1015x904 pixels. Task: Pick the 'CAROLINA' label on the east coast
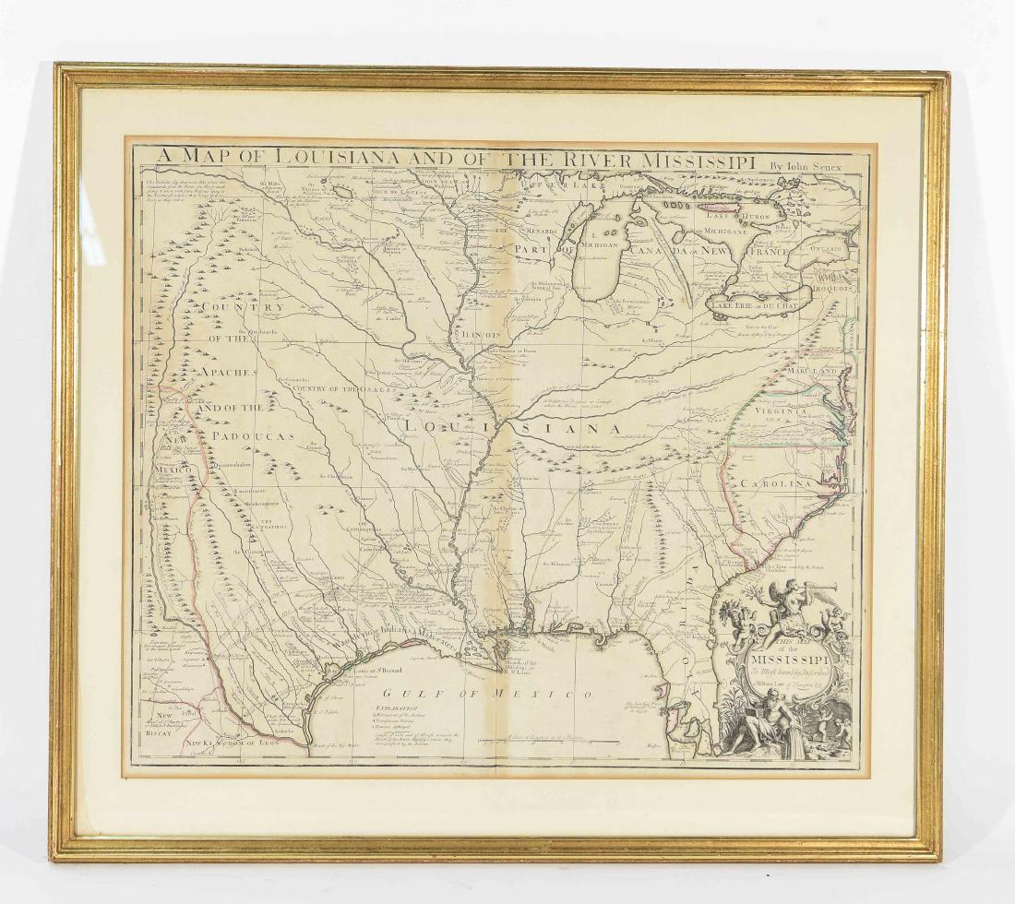(771, 482)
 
